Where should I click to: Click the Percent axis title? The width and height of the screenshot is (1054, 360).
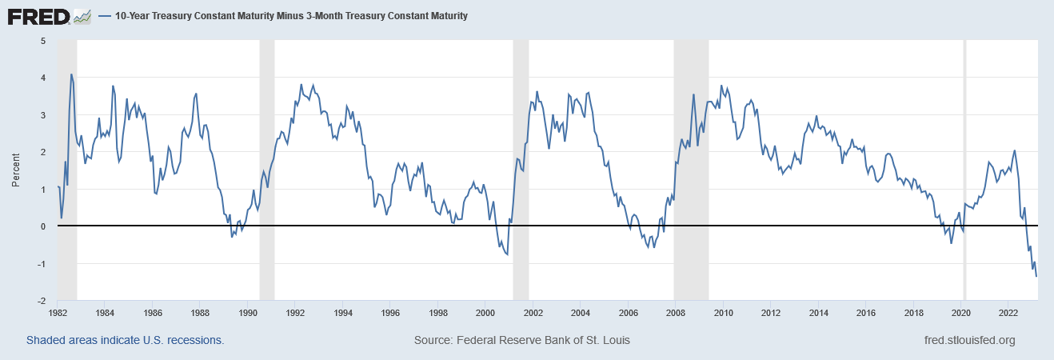click(x=16, y=170)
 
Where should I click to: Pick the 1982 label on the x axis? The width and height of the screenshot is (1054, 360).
click(x=58, y=313)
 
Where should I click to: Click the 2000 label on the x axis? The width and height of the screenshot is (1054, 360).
click(x=485, y=313)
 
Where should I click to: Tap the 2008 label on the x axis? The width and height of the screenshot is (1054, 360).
click(x=676, y=313)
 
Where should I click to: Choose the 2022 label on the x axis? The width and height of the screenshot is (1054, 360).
click(x=1008, y=313)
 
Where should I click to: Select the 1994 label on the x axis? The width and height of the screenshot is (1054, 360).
click(x=343, y=313)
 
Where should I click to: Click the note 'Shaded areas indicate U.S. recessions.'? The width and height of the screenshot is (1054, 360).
click(x=125, y=340)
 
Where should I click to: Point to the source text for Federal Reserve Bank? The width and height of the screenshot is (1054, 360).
click(x=522, y=340)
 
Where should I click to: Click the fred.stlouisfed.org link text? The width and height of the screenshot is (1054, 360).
click(x=968, y=340)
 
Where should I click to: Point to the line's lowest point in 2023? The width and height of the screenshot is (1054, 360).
click(x=1037, y=277)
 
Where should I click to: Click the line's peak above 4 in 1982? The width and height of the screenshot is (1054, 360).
click(x=71, y=74)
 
